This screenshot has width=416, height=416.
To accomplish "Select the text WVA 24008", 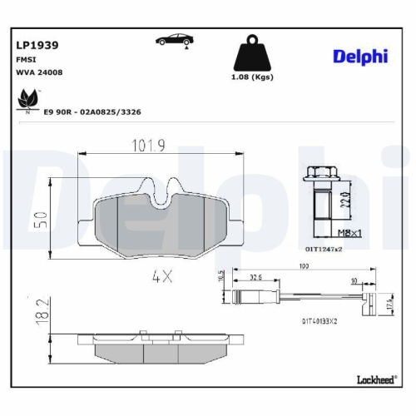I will tap(38, 72).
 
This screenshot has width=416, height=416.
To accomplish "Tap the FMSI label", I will tap(26, 60).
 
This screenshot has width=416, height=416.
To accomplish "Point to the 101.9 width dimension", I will tap(151, 145).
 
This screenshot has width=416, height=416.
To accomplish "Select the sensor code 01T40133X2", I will tap(321, 319).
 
